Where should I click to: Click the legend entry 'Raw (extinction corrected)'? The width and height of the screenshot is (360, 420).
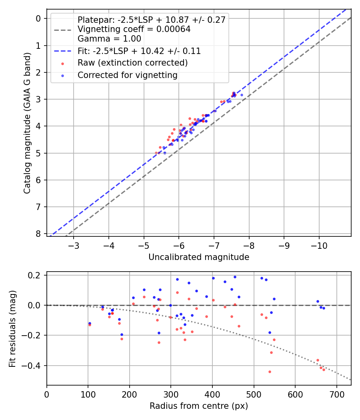click(x=132, y=63)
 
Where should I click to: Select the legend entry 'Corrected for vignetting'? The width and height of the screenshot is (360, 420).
click(x=127, y=75)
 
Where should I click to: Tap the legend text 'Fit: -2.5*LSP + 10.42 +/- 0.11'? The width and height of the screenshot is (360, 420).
click(x=139, y=51)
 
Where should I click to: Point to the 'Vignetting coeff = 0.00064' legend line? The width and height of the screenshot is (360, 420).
click(x=134, y=29)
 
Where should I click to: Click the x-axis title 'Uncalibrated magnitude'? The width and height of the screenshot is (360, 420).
click(x=199, y=257)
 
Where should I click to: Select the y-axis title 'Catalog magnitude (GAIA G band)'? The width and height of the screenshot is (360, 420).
click(x=27, y=127)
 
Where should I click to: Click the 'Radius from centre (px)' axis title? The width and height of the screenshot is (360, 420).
click(x=199, y=406)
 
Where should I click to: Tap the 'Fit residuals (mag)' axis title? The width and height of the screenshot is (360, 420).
click(x=12, y=328)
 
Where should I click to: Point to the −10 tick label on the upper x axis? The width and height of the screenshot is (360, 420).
click(x=319, y=245)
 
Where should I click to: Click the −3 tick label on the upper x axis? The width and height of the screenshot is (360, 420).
click(x=74, y=245)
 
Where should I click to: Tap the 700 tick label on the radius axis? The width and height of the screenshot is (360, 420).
click(x=336, y=394)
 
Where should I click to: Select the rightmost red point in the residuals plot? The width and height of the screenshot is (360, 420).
click(x=324, y=370)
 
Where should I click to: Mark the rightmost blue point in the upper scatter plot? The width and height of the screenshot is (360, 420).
click(x=242, y=95)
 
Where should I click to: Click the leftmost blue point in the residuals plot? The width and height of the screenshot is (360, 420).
click(x=90, y=323)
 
